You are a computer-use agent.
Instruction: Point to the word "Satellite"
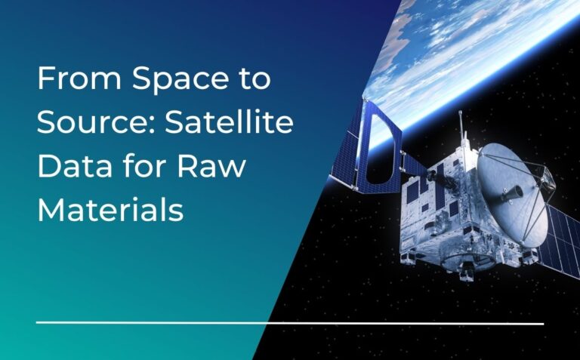point(231,122)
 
